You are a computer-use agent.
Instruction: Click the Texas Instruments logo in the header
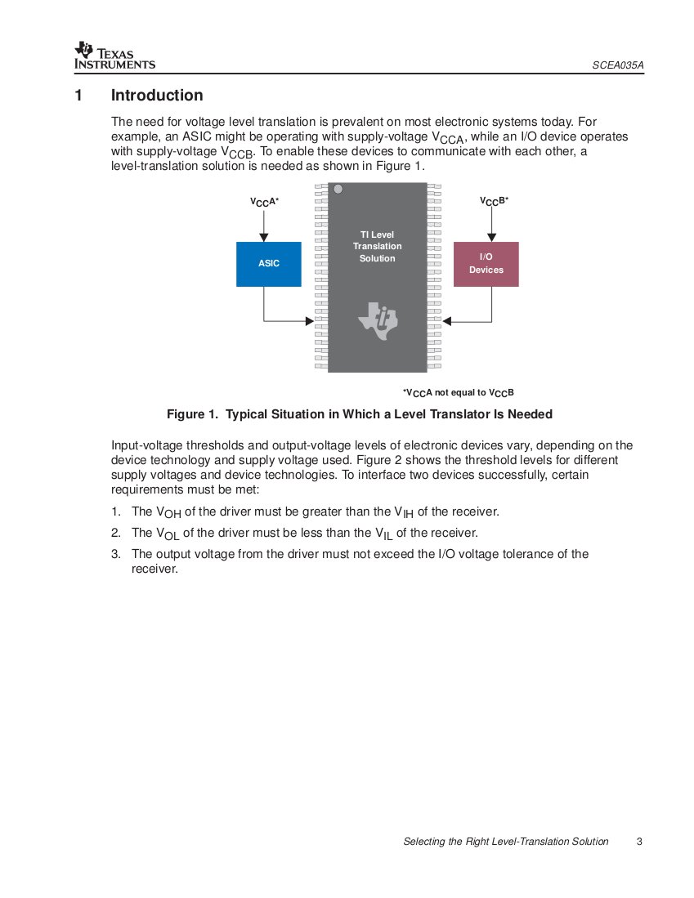pyautogui.click(x=114, y=55)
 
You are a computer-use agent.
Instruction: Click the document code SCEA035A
pyautogui.click(x=619, y=65)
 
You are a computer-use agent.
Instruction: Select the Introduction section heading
pyautogui.click(x=157, y=96)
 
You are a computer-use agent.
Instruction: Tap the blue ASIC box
pyautogui.click(x=269, y=264)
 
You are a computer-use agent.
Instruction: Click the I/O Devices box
pyautogui.click(x=486, y=264)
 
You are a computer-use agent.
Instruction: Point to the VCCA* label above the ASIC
pyautogui.click(x=264, y=201)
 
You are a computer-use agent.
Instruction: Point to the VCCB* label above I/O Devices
pyautogui.click(x=494, y=200)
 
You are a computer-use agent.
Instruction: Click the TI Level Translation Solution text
pyautogui.click(x=378, y=247)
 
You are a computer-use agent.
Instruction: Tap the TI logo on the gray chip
pyautogui.click(x=378, y=320)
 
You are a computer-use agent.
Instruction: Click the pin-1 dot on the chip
pyautogui.click(x=338, y=190)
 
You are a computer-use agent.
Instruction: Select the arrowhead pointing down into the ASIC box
pyautogui.click(x=263, y=237)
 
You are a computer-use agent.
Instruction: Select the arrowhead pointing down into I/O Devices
pyautogui.click(x=491, y=237)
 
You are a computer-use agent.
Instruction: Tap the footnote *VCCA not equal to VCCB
pyautogui.click(x=458, y=393)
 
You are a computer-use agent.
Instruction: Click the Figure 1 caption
pyautogui.click(x=360, y=414)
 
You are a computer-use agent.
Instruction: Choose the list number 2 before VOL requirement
pyautogui.click(x=115, y=533)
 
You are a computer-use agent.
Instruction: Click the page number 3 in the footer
pyautogui.click(x=639, y=842)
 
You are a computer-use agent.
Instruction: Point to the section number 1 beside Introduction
pyautogui.click(x=78, y=96)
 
